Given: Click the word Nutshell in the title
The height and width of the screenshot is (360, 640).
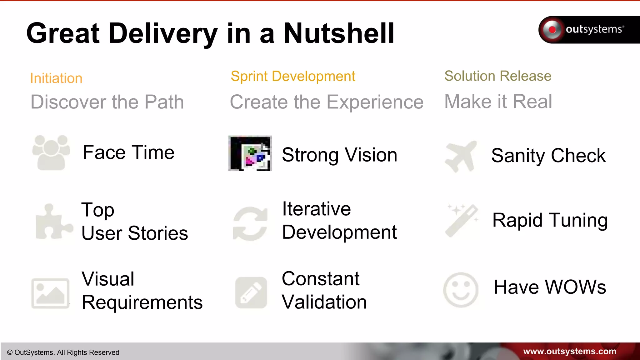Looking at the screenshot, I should click(339, 33).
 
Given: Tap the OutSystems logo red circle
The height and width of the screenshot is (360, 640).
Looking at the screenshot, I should click(552, 30).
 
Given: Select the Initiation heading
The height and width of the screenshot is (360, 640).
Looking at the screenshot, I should click(56, 78).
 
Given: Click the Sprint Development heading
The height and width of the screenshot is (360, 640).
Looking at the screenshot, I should click(293, 76).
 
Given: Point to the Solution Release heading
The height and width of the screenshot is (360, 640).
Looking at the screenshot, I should click(498, 76).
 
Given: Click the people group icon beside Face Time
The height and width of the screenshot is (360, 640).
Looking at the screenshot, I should click(51, 152).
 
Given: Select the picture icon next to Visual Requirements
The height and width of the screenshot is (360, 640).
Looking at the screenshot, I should click(50, 293).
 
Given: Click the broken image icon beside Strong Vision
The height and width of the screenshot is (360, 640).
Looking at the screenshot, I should click(250, 153).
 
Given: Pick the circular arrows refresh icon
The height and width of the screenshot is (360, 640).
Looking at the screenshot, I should click(250, 224).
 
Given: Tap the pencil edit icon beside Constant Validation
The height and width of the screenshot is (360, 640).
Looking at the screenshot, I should click(251, 292).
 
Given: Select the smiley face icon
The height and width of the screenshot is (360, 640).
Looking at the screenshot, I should click(461, 290).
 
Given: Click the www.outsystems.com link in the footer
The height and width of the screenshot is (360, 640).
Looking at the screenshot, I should click(570, 352).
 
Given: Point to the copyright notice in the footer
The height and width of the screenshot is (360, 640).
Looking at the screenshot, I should click(63, 352).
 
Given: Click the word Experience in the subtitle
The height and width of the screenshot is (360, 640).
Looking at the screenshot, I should click(375, 102).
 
